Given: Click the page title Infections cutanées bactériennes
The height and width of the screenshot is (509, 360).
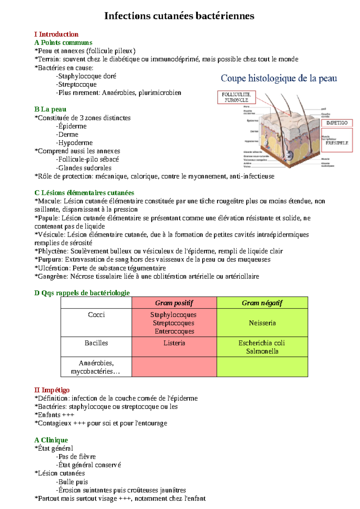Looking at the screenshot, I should (179, 16).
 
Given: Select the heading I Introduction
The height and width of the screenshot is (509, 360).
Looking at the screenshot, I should (56, 34).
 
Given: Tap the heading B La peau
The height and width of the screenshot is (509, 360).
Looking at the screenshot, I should (50, 109).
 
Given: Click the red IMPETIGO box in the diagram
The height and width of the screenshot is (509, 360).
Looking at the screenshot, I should (337, 123).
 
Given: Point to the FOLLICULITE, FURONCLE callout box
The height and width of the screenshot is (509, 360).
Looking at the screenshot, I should (236, 97).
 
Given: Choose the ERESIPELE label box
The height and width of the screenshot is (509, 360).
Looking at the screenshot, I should (337, 143).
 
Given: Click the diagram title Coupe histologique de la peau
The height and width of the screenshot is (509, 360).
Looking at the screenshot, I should (279, 79).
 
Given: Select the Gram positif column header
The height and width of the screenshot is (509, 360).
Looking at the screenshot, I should (174, 303).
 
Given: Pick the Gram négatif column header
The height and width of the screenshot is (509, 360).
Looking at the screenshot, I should (262, 303).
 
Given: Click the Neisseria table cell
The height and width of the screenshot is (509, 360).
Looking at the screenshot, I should (262, 323).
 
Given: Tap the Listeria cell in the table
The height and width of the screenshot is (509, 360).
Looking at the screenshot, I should (174, 343).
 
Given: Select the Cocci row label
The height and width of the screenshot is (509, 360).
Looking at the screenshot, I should (96, 314).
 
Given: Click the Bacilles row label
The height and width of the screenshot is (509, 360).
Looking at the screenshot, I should (96, 343).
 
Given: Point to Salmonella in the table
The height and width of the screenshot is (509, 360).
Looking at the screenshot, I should (262, 351).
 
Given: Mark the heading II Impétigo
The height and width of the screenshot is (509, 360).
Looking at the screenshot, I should (52, 390).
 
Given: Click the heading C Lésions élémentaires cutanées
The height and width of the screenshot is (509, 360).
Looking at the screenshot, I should (84, 193).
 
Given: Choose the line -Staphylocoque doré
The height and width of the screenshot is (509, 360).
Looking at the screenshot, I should (86, 76).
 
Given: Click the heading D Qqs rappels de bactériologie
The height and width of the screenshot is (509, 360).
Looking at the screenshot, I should (82, 293).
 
